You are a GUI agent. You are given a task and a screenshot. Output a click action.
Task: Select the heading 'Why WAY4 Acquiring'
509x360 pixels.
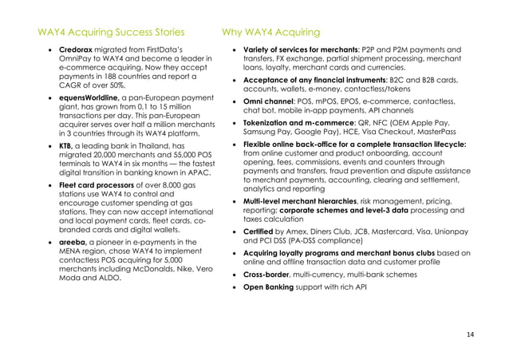click(270, 33)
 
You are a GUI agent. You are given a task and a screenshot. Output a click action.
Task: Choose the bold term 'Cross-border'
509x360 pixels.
click(269, 272)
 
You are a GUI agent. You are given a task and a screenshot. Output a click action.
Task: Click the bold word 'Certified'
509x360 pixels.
click(260, 230)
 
